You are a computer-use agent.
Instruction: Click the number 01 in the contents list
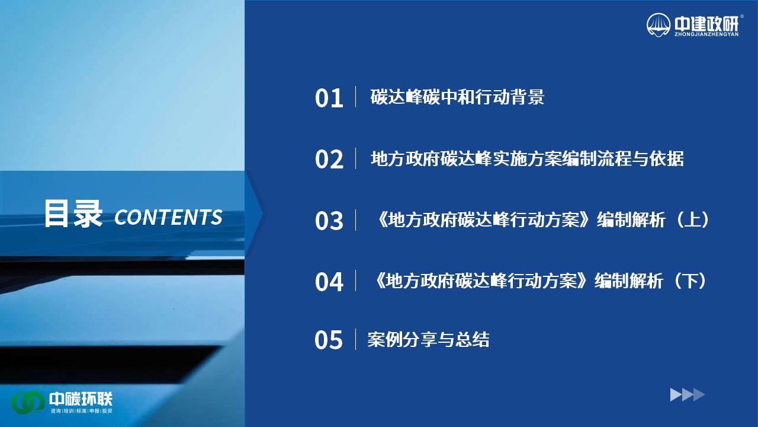click(329, 98)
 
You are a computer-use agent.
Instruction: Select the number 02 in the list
click(329, 160)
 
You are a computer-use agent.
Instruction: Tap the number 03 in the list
click(329, 221)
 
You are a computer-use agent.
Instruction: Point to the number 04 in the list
click(329, 282)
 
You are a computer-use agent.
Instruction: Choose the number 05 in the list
click(329, 340)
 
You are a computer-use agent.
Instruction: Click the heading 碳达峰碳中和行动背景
click(457, 97)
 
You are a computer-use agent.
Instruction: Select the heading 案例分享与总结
click(428, 339)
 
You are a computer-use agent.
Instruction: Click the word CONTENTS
click(168, 217)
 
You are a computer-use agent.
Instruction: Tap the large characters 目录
click(73, 213)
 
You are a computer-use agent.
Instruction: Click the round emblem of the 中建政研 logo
click(659, 25)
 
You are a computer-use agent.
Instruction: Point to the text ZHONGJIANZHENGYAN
click(706, 34)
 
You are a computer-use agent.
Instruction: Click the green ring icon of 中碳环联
click(28, 403)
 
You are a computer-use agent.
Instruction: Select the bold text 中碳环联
click(81, 399)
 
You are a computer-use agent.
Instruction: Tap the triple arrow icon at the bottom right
click(688, 395)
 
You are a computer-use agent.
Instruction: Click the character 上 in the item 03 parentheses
click(692, 219)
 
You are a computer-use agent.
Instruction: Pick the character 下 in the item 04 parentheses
click(690, 281)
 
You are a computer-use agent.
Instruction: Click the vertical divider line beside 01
click(356, 97)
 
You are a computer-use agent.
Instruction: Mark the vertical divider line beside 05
click(355, 339)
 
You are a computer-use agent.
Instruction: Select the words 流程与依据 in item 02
click(640, 158)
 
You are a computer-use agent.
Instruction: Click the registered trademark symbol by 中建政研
click(742, 16)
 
